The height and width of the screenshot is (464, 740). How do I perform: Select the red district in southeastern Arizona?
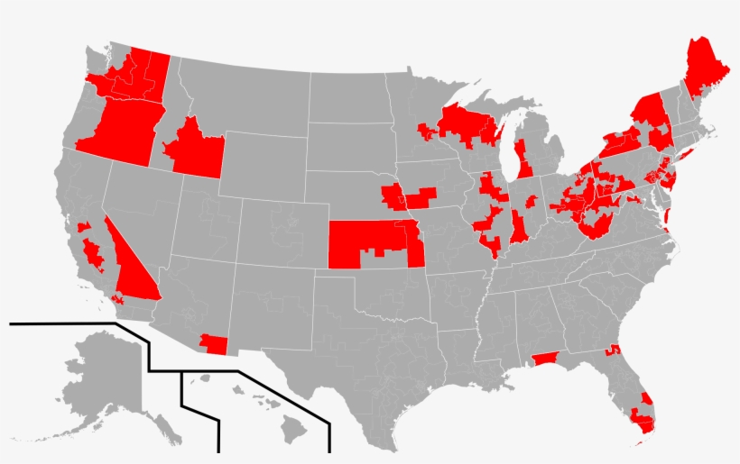(215, 344)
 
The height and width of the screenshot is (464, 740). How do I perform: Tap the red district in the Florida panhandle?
(544, 359)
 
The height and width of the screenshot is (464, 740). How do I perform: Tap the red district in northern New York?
(647, 113)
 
